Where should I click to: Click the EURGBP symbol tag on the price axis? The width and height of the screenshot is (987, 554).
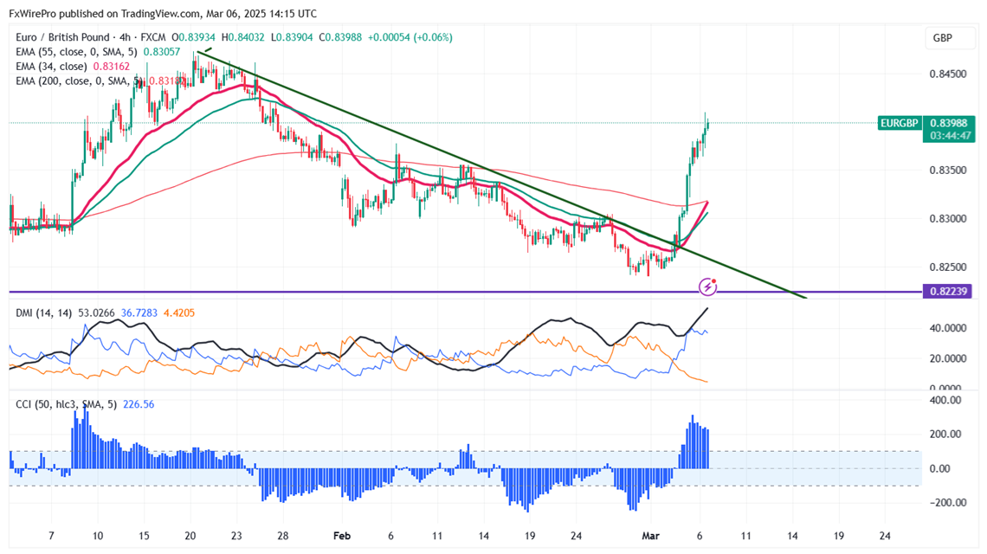point(899,123)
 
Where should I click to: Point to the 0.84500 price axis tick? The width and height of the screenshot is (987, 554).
point(948,74)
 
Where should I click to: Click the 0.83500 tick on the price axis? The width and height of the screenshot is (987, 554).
point(948,170)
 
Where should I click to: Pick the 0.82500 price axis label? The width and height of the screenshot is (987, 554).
point(948,267)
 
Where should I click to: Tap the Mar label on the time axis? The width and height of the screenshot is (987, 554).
point(650,536)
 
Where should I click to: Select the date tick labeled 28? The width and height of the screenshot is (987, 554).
point(283,536)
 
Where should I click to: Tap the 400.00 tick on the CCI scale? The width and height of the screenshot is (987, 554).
point(945,401)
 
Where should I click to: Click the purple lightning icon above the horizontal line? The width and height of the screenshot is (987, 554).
point(709,285)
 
